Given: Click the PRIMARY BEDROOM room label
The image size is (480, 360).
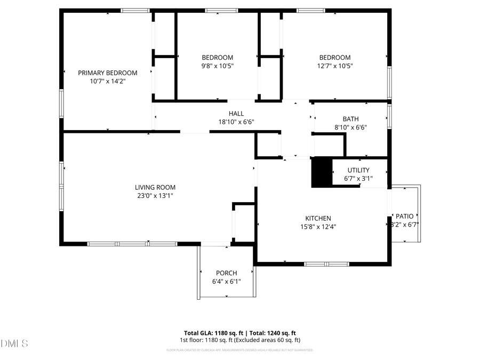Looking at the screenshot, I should (107, 73).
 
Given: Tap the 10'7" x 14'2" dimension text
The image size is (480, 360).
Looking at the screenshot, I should (107, 82).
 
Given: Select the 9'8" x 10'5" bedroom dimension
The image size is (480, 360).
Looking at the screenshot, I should (217, 66).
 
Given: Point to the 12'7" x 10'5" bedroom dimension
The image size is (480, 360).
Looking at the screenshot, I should (335, 66).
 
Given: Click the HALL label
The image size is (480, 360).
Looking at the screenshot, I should (236, 114).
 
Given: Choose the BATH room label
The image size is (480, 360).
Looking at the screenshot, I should (350, 119).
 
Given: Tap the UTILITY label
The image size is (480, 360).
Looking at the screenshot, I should (358, 171).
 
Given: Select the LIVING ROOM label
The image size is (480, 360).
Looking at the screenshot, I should (155, 188).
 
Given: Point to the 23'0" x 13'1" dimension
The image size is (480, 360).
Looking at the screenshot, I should (155, 196).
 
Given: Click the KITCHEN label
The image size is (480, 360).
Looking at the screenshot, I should (318, 218).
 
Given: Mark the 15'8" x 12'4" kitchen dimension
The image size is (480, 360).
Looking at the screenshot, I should (318, 227).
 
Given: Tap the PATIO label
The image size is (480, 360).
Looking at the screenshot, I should (405, 216).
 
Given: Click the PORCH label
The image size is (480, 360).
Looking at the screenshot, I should (226, 273).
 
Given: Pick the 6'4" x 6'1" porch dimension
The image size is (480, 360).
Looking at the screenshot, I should (226, 281).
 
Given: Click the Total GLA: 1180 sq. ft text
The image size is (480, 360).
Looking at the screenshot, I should (212, 332).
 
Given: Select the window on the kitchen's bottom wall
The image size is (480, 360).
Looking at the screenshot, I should (326, 263).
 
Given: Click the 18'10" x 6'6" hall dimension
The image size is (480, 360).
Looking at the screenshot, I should (236, 122).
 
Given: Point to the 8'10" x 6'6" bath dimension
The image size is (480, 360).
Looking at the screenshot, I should (350, 127).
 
